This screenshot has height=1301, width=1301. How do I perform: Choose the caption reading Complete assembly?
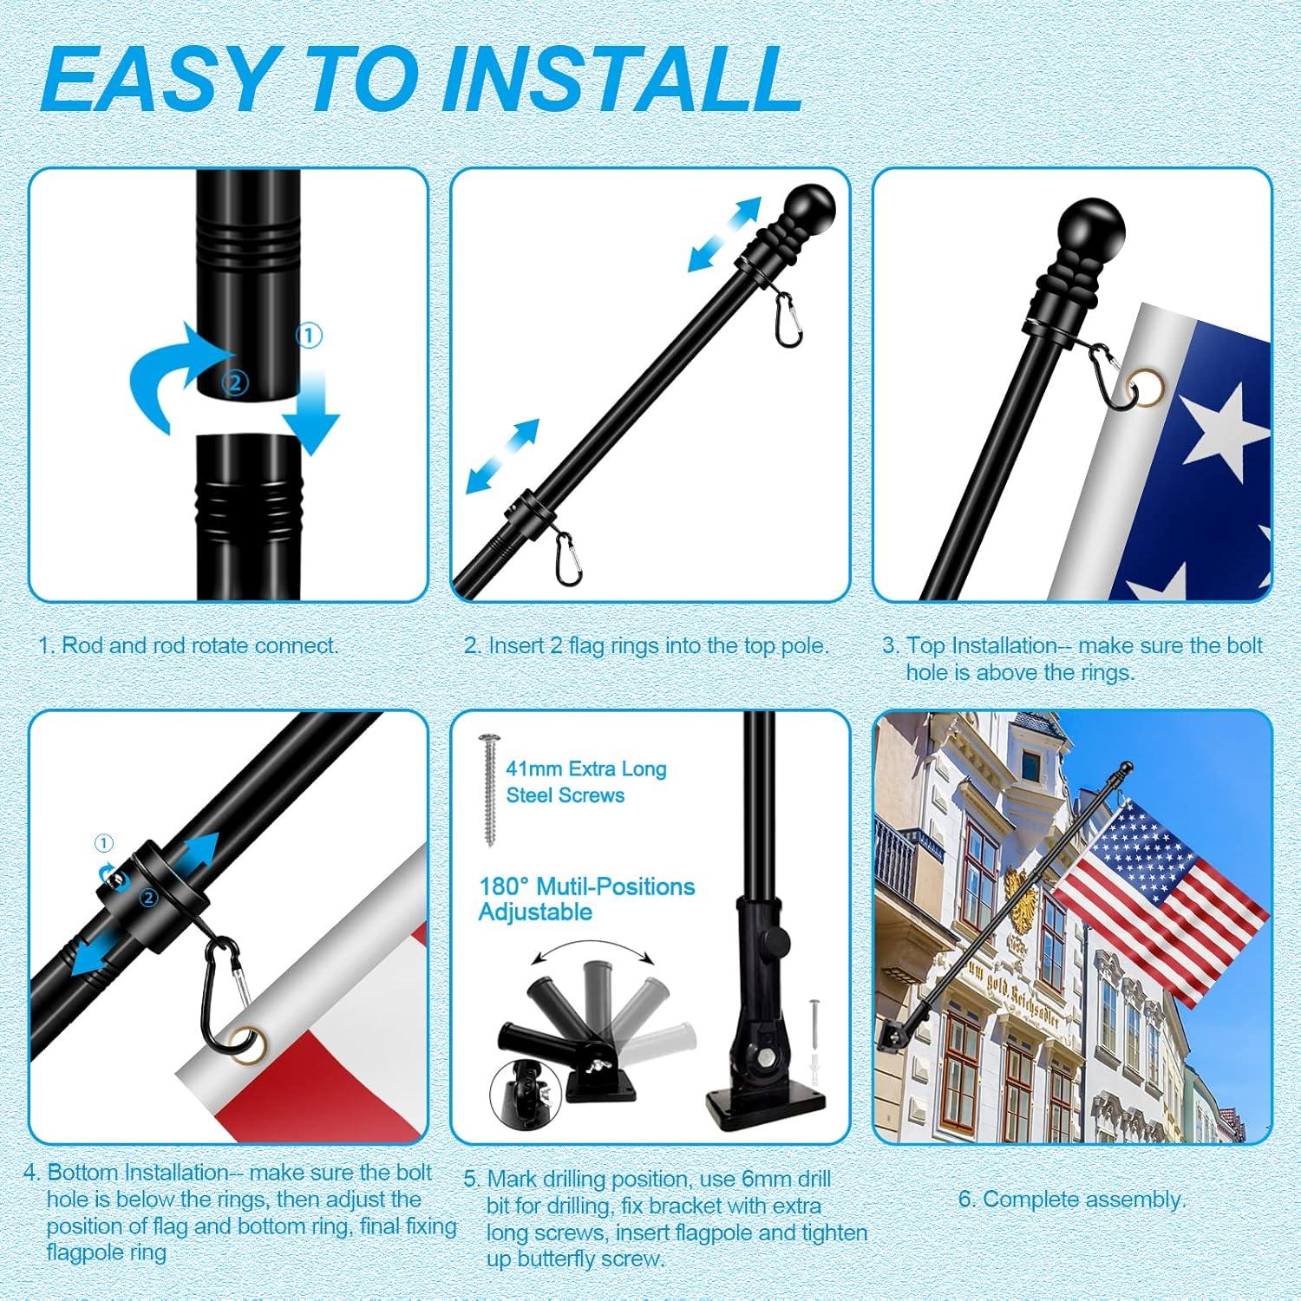click(1071, 1200)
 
